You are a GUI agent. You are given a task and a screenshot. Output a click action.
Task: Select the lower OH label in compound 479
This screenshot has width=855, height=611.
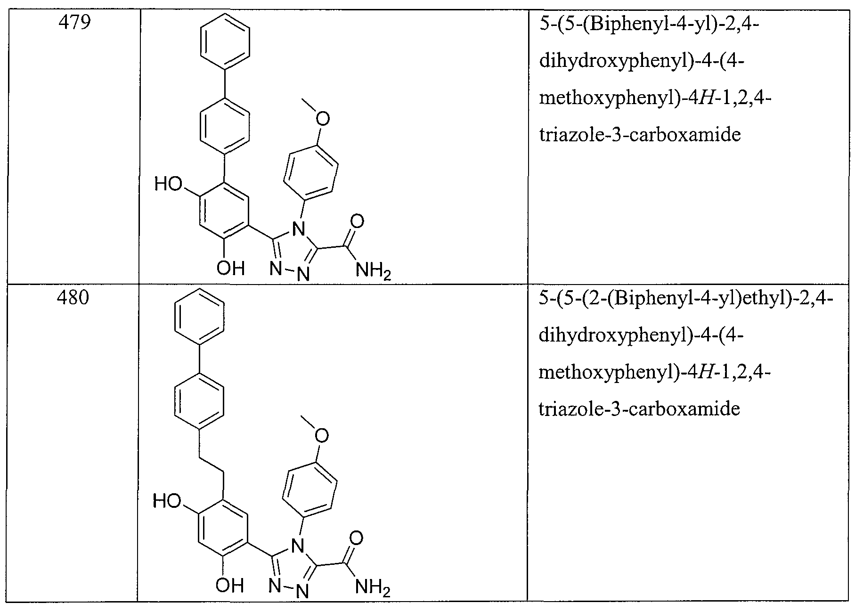pos(230,268)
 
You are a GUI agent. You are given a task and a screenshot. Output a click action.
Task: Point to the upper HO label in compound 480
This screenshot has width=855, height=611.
pos(167,501)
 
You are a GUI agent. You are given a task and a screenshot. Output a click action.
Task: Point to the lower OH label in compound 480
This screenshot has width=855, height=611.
pos(229,586)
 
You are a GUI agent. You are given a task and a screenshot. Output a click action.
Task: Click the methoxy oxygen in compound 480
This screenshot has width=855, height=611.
pos(322,436)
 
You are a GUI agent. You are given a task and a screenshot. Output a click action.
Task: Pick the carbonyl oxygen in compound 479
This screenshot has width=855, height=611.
pos(358,221)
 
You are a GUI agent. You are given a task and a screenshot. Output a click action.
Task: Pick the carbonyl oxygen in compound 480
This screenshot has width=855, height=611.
pos(357,538)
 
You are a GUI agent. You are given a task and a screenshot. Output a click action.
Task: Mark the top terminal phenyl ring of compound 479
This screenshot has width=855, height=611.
pos(225,42)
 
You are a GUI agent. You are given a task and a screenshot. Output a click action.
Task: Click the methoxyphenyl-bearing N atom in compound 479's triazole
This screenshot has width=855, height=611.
pos(297,229)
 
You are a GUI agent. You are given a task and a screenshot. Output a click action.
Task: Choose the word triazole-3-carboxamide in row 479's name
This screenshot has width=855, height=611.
pos(640,135)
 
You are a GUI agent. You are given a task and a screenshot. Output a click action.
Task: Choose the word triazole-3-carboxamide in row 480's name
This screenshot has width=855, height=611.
pos(639,409)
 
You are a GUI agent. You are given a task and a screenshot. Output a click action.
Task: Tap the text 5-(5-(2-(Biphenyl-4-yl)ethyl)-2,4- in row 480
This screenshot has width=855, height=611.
pos(686,299)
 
